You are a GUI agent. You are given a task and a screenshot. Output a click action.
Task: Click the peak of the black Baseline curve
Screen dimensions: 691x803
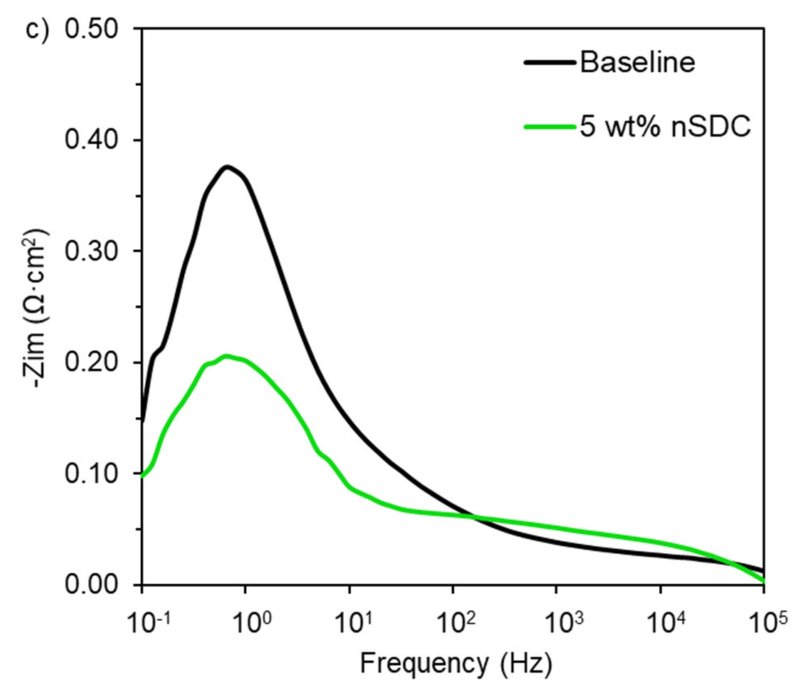[227, 167]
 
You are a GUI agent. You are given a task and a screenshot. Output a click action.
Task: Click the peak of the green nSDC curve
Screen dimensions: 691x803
[227, 356]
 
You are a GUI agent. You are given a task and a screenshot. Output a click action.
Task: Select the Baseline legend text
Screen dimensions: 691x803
[637, 63]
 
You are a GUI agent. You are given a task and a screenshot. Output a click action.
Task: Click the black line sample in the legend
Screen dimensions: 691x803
[550, 63]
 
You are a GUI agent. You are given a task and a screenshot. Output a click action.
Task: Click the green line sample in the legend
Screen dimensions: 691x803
[550, 127]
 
